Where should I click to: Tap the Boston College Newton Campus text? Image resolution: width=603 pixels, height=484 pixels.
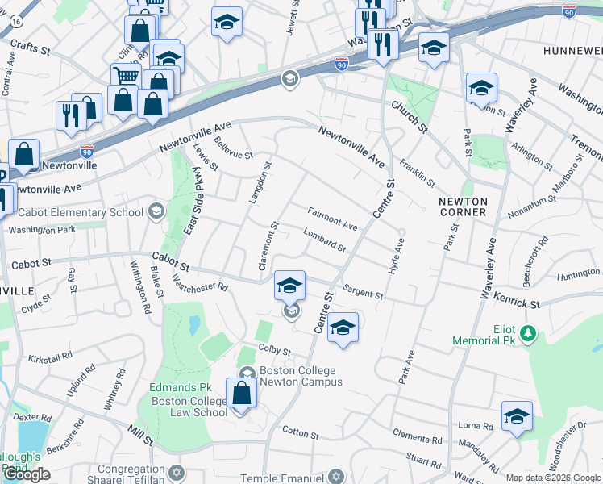click(290, 377)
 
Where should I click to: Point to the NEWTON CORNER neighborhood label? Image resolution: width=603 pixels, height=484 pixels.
click(463, 207)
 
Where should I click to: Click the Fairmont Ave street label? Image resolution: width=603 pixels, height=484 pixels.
click(332, 218)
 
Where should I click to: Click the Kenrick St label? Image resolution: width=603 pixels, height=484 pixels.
click(518, 302)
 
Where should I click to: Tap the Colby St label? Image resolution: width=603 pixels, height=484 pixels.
click(274, 350)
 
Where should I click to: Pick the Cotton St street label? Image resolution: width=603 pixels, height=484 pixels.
click(301, 433)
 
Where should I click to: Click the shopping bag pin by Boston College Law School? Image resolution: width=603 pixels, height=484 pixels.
click(241, 394)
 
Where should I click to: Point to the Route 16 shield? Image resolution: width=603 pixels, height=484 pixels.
click(15, 26)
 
